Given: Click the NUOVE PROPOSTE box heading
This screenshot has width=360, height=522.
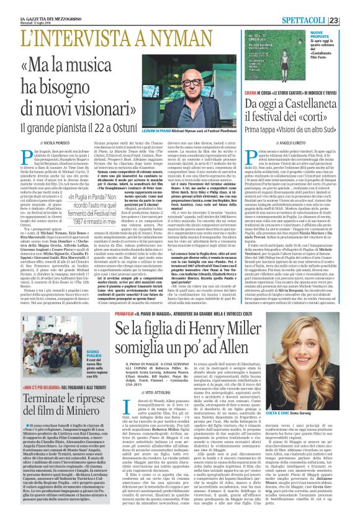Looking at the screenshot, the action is click(328, 32).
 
